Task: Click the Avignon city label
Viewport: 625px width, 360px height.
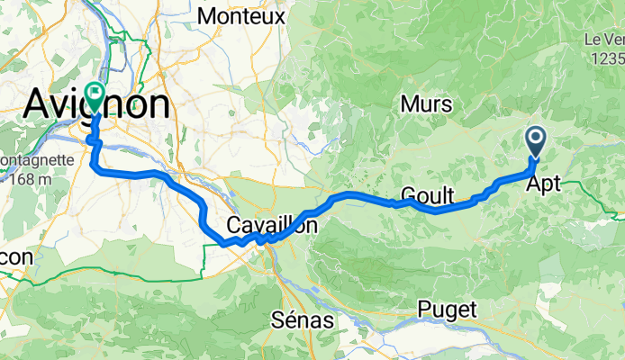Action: pos(95,104)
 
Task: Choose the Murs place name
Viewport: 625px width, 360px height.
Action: pos(426,104)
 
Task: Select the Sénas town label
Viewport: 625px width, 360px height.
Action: pos(302,320)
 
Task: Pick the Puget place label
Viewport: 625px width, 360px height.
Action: pos(447,309)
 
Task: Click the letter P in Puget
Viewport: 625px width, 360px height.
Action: pos(423,309)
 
